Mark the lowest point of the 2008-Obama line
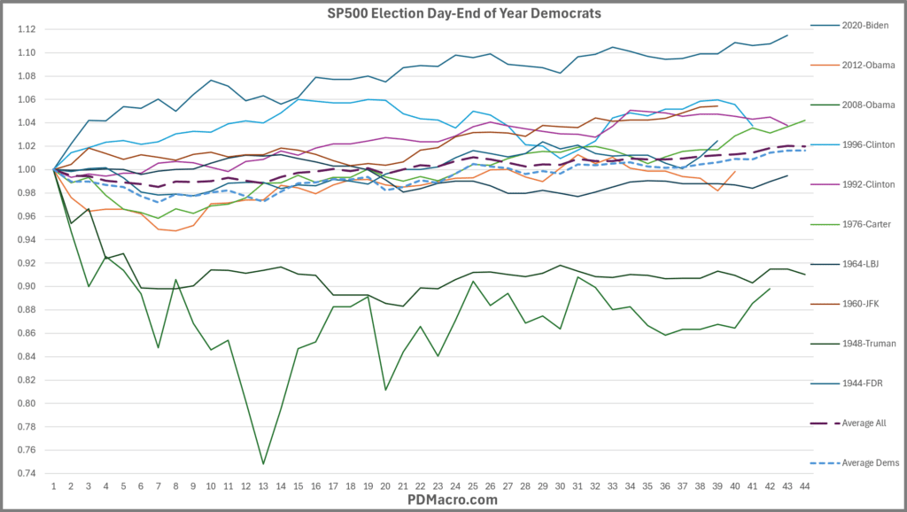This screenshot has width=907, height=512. click(263, 463)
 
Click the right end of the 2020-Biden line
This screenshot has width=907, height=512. click(787, 35)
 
